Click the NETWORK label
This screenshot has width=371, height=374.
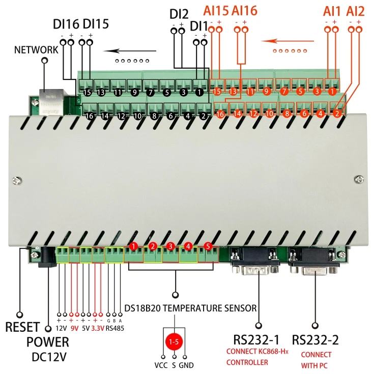(36, 49)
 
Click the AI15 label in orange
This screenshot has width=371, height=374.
(216, 11)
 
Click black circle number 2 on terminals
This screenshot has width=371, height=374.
(203, 116)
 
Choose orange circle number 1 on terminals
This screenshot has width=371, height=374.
(332, 92)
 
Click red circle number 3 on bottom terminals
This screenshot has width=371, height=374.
(171, 246)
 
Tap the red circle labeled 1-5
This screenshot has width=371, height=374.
(174, 341)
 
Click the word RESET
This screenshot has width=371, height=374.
(22, 328)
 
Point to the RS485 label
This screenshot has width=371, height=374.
(115, 329)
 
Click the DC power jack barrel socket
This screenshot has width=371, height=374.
(49, 257)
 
